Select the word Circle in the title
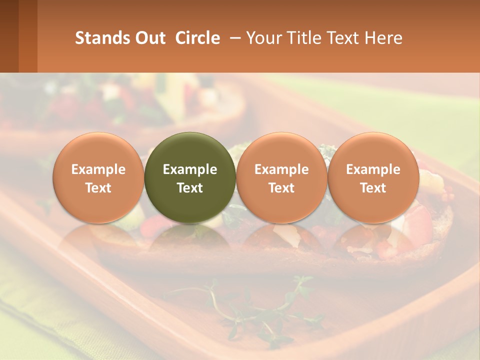(197, 38)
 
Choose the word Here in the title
(385, 38)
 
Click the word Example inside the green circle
(190, 169)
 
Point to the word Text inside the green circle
(190, 188)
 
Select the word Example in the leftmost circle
(98, 169)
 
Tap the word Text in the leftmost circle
(98, 188)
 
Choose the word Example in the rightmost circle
(373, 169)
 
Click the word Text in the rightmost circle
(373, 188)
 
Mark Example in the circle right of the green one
(281, 169)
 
